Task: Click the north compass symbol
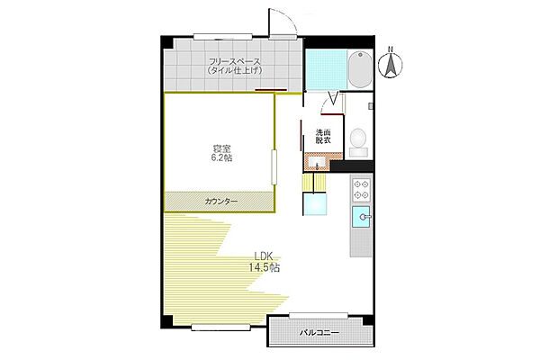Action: point(391,65)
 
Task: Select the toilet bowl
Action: point(357,139)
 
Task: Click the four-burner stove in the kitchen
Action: point(362,190)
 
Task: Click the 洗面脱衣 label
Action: point(322,138)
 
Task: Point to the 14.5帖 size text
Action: point(264,267)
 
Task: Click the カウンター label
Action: point(221,202)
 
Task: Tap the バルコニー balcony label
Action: point(319,334)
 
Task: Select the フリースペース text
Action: point(234,61)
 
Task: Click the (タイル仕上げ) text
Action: point(234,71)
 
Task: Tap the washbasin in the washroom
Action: point(317,163)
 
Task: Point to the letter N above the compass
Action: point(391,49)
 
